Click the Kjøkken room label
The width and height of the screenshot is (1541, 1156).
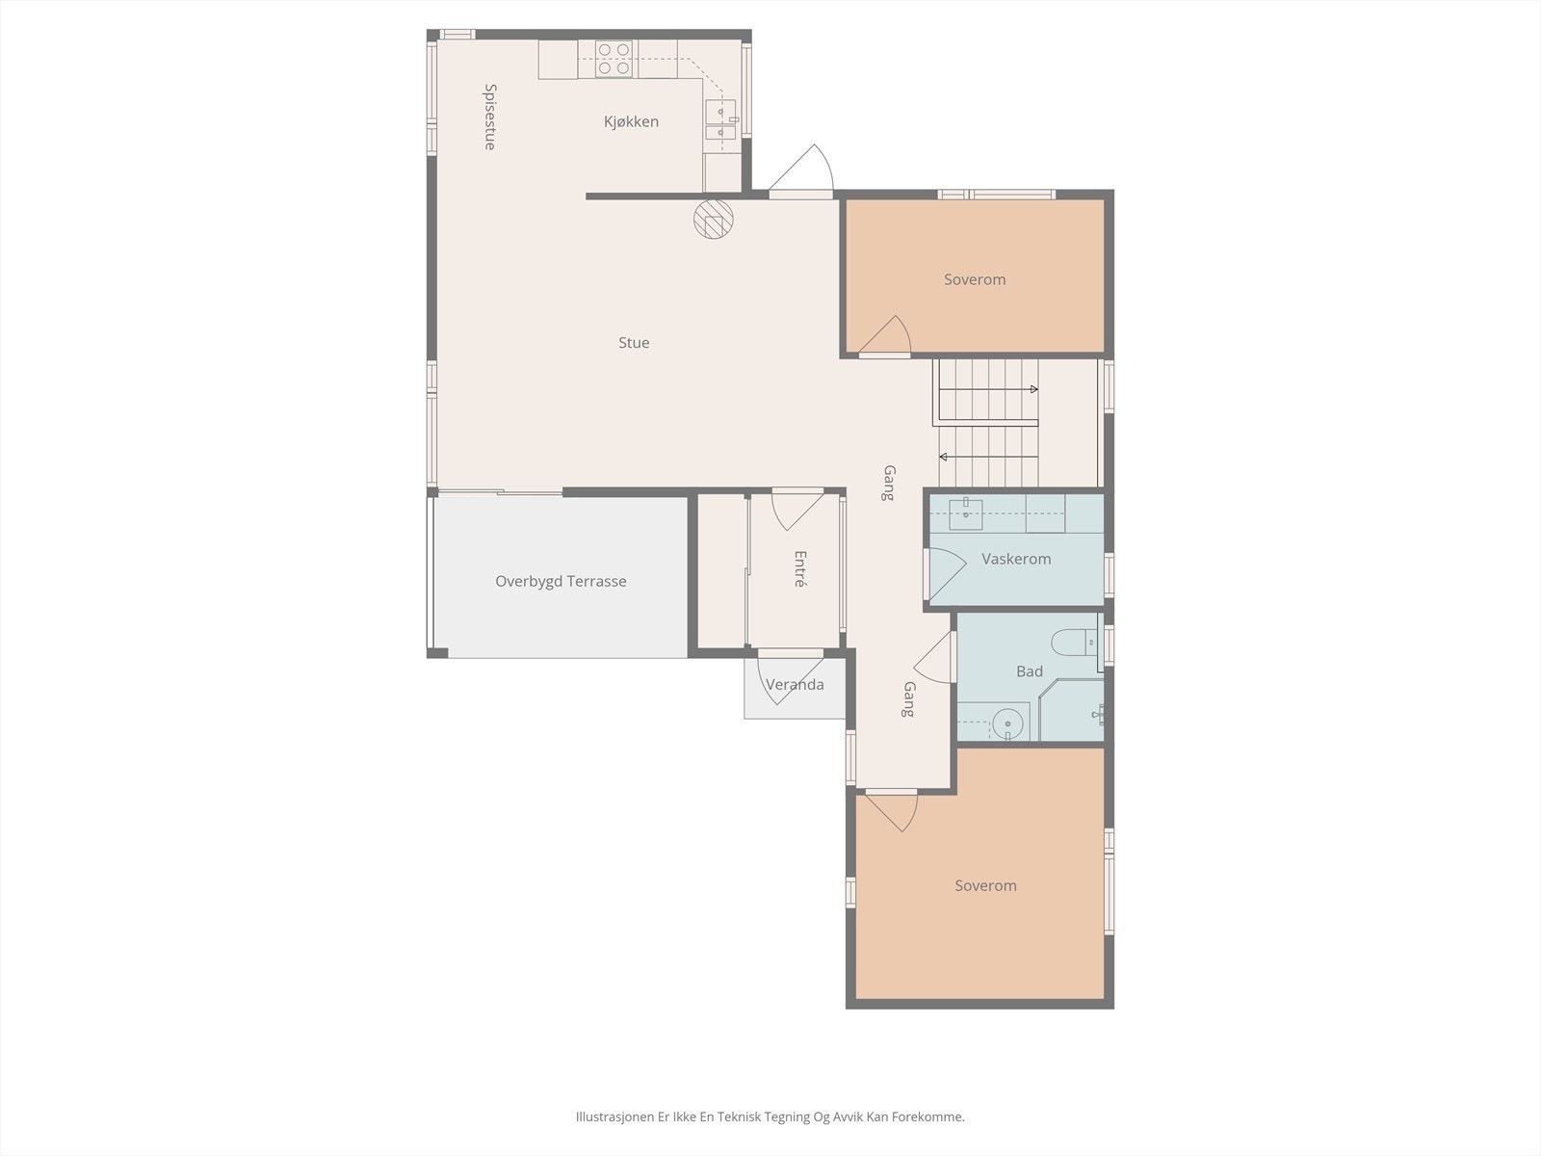coord(631,121)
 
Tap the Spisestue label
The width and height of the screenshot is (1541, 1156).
coord(490,117)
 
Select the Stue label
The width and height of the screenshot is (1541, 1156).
coord(633,343)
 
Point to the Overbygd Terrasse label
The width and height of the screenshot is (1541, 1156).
coord(561,581)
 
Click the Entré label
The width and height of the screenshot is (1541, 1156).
coord(799,568)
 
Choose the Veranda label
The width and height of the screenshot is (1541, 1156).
coord(795,684)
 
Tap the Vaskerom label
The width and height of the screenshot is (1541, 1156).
coord(1016,559)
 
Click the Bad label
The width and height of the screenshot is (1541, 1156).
coord(1030,671)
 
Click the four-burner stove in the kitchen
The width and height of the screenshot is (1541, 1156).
coord(614,59)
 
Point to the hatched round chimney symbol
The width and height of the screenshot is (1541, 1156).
coord(714,219)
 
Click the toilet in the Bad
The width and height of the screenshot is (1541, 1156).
coord(1074,642)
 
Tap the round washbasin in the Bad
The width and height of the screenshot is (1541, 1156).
coord(1007,722)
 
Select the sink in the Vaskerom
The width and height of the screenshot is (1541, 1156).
coord(965,513)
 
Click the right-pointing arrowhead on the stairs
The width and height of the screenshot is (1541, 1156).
coord(1034,389)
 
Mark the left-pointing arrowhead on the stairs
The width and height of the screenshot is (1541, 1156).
coord(944,457)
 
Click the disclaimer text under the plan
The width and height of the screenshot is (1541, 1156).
coord(770,1117)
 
